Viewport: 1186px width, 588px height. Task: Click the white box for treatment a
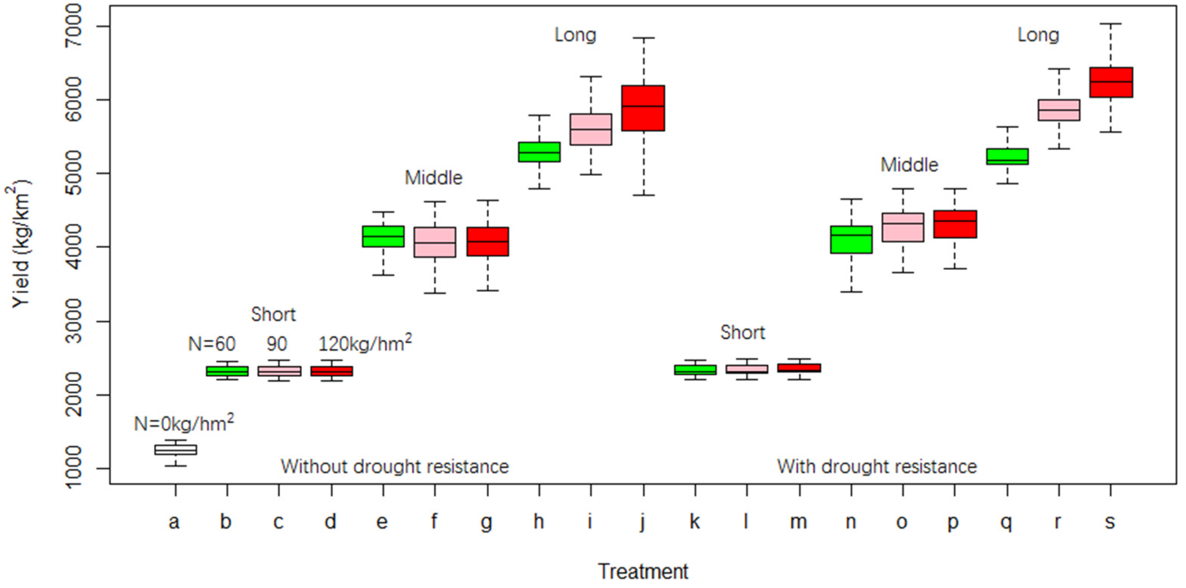tap(175, 450)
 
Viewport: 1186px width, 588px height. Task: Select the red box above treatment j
tap(643, 108)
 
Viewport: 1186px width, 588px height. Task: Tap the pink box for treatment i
tap(591, 129)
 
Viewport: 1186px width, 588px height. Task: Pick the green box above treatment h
tap(539, 152)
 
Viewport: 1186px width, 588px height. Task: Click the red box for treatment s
tap(1111, 82)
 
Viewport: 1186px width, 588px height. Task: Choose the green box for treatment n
tap(851, 239)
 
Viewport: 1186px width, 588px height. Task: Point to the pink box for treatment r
tap(1059, 110)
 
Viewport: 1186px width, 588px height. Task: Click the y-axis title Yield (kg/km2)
tap(21, 244)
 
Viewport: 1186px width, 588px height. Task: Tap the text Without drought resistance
tap(394, 467)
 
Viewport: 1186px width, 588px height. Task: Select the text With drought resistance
tap(877, 467)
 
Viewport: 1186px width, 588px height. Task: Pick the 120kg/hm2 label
tap(365, 343)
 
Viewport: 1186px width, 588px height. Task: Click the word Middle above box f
tap(433, 178)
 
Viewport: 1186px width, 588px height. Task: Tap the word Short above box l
tap(742, 332)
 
